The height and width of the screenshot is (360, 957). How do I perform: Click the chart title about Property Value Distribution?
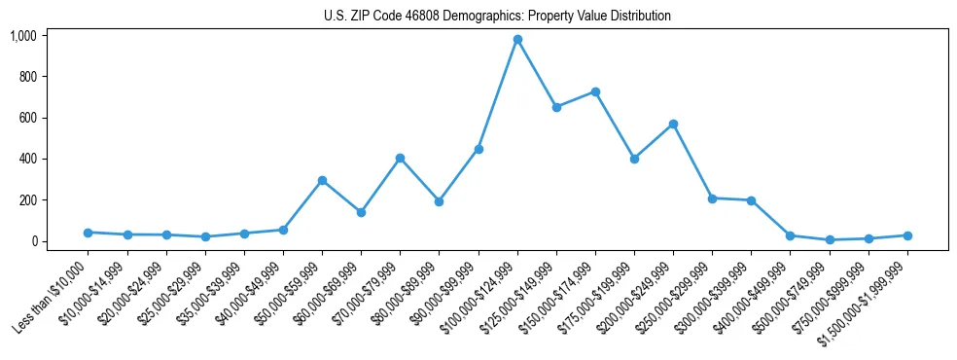pos(497,17)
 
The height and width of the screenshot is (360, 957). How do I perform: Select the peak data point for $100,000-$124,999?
pos(517,40)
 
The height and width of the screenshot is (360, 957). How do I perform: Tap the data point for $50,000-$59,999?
pos(322,180)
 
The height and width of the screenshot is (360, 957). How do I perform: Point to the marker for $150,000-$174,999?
pos(595,91)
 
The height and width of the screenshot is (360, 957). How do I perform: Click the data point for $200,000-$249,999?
pos(673,125)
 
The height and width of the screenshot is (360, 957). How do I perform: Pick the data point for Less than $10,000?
pos(88,233)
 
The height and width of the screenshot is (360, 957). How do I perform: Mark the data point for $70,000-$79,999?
pos(400,158)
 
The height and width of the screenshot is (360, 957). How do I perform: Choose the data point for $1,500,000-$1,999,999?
pos(907,235)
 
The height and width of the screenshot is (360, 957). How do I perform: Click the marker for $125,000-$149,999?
pos(556,107)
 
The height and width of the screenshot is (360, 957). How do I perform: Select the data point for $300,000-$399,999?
pos(752,200)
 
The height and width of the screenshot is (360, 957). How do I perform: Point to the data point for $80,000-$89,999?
pos(439,201)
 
